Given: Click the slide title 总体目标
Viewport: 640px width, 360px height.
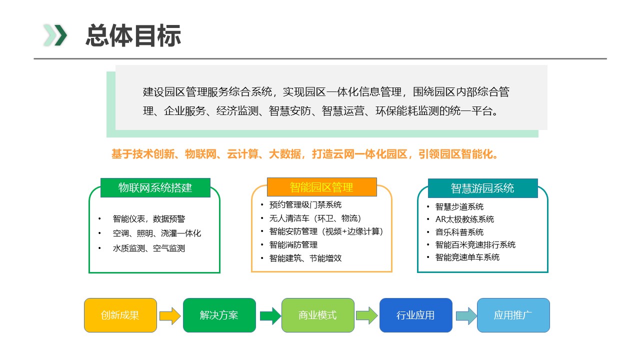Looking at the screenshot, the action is click(x=133, y=35).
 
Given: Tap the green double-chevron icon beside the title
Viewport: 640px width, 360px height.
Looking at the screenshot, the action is click(x=55, y=35).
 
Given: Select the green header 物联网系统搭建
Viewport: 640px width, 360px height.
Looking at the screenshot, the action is click(x=155, y=187).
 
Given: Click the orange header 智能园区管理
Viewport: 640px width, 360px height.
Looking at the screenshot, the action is click(x=321, y=187).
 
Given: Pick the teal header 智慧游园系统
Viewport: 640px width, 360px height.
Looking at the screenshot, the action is click(x=482, y=188).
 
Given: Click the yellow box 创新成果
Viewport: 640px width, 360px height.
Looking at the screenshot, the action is click(x=120, y=315).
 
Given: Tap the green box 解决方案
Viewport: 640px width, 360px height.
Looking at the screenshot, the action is click(x=219, y=315).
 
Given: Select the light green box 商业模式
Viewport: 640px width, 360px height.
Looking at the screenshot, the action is click(x=317, y=315).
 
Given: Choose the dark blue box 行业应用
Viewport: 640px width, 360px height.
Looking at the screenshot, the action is click(x=415, y=315).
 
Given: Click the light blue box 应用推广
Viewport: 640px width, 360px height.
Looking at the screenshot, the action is click(x=513, y=315).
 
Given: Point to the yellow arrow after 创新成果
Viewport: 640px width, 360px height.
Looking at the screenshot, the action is click(x=170, y=315).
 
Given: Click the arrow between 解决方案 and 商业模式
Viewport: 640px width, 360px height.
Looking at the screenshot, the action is click(x=270, y=315).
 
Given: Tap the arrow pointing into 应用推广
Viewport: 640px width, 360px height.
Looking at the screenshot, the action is click(x=466, y=315).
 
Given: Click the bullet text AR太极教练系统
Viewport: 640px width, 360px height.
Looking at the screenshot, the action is click(x=464, y=219).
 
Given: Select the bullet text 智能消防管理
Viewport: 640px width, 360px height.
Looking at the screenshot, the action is click(x=293, y=245).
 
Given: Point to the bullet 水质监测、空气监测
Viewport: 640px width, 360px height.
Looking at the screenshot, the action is click(x=149, y=248).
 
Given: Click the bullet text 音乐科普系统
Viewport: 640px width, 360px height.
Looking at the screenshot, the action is click(x=459, y=232).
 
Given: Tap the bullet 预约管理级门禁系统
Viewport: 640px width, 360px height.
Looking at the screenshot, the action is click(x=305, y=205).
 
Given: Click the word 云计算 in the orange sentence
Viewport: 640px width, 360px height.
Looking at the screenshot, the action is click(x=242, y=154).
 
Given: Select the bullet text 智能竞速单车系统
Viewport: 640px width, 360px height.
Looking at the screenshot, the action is click(x=467, y=257).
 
